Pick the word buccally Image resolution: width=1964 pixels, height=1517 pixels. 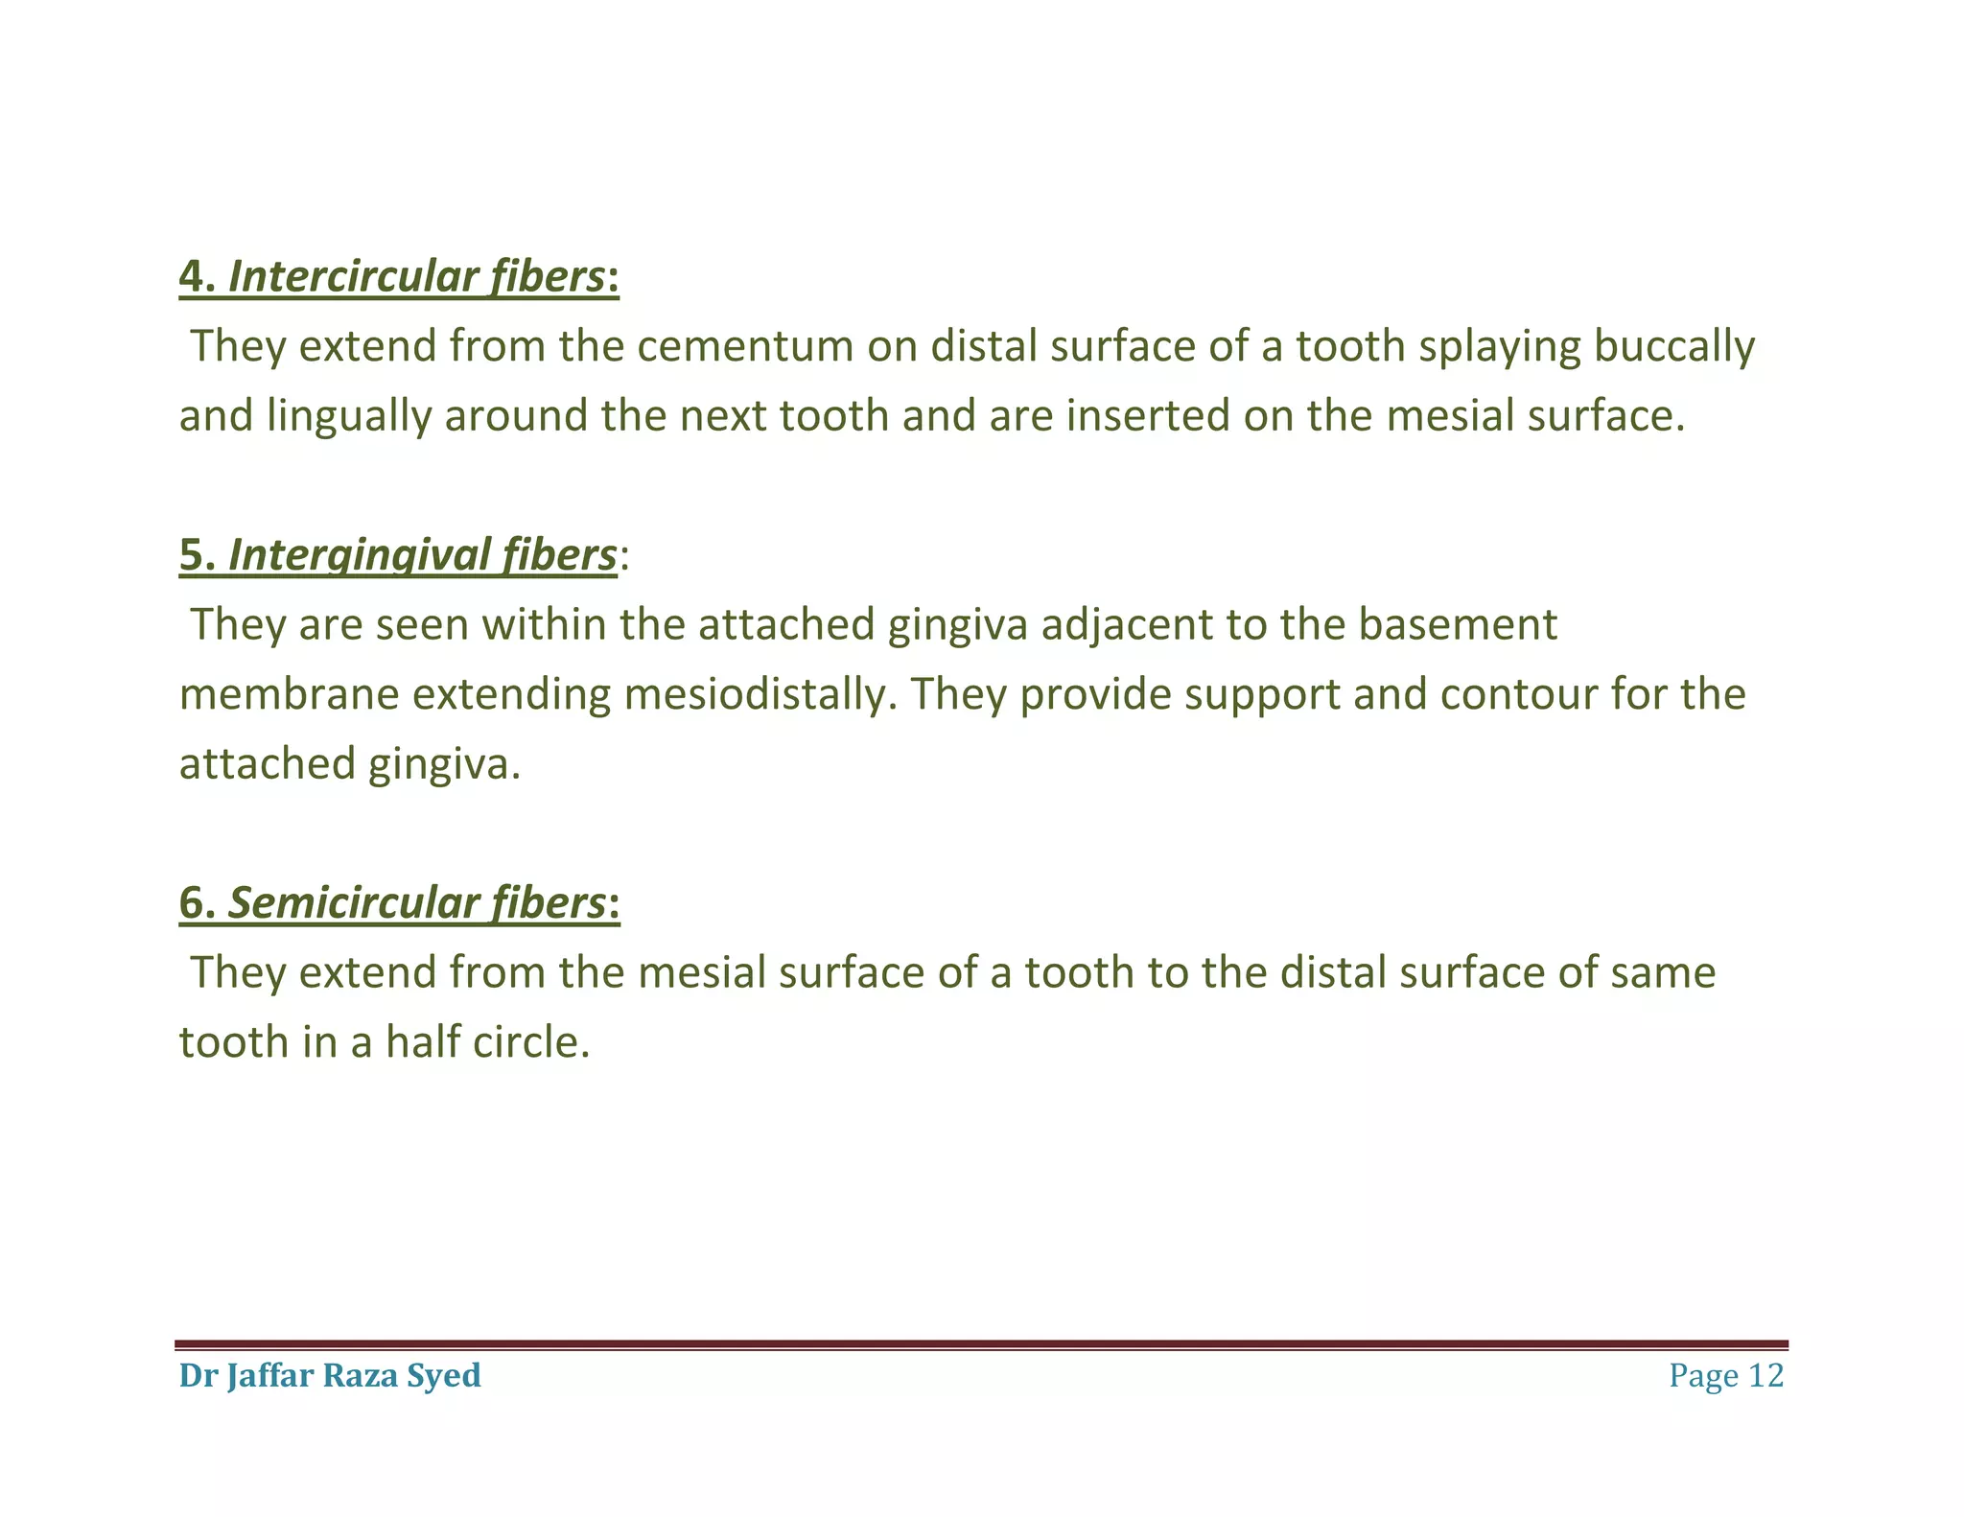1673,346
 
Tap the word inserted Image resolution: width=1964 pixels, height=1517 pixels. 1147,416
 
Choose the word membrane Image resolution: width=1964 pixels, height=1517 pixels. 289,694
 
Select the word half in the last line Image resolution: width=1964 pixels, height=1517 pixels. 418,1042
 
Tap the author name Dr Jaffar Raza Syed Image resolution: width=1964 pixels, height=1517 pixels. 330,1376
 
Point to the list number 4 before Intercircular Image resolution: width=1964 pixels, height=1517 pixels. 191,277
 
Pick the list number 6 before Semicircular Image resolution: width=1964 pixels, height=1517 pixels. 191,903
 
